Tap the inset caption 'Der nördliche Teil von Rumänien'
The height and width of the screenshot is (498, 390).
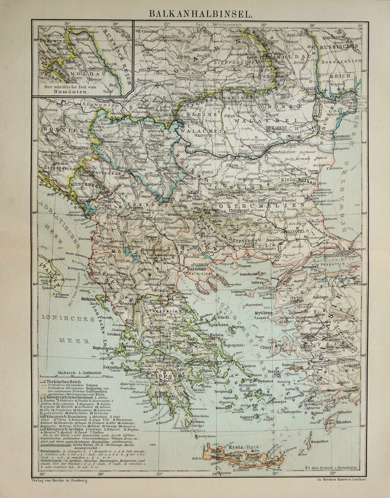click(82, 89)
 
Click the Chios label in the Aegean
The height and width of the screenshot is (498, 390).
click(266, 347)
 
